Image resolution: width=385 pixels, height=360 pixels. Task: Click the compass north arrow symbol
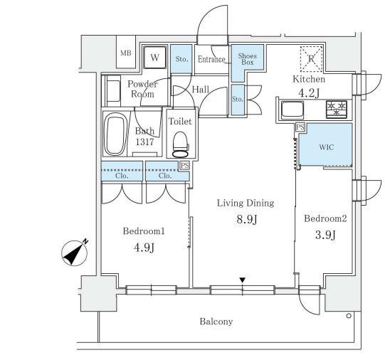(75, 253)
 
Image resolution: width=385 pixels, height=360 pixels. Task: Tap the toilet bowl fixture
(181, 144)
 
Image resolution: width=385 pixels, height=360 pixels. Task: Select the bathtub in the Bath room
(115, 134)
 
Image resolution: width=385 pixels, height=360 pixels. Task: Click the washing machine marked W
(154, 58)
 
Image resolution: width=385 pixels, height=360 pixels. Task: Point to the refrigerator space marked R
(311, 59)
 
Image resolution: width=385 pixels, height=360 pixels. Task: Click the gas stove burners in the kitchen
(337, 109)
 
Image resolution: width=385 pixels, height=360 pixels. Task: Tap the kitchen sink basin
(292, 110)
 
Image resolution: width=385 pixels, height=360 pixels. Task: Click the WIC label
(327, 147)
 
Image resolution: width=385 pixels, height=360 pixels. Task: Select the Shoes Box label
(247, 59)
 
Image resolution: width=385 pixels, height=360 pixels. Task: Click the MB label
(126, 53)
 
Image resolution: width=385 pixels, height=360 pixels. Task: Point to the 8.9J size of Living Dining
(247, 219)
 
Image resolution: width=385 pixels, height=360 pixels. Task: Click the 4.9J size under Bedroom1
(144, 248)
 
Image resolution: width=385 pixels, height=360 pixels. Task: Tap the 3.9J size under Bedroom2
(325, 235)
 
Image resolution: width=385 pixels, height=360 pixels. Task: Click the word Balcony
(216, 322)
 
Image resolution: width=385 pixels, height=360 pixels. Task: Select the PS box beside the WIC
(300, 127)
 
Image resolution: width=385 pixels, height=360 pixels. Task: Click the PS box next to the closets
(185, 165)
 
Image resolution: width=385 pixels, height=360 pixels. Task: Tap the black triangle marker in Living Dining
(243, 280)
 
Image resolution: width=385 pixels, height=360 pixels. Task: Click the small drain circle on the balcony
(349, 316)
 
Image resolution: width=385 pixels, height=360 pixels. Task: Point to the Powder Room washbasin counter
(112, 90)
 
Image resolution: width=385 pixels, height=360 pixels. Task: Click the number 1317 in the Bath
(144, 142)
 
